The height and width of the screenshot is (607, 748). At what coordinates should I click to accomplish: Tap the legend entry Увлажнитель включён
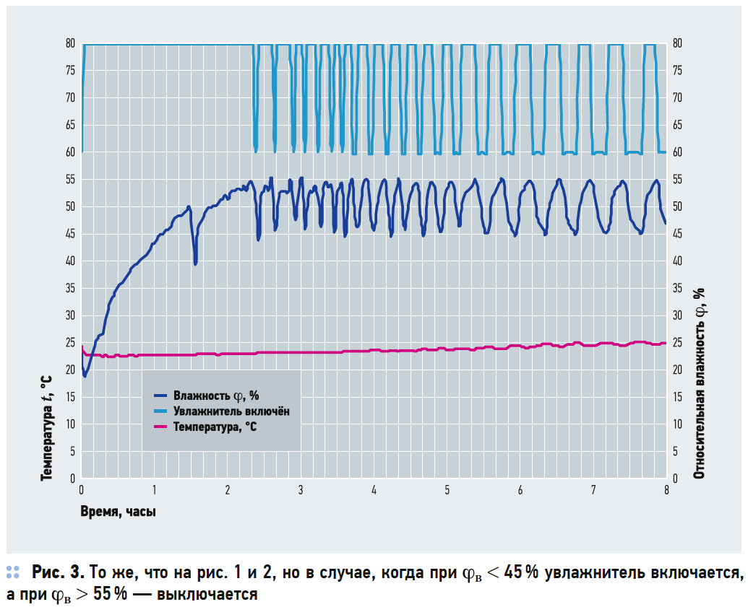[x=231, y=411]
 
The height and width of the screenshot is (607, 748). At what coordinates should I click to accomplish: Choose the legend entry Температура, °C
[x=214, y=427]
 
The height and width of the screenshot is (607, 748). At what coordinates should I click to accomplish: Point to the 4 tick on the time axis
[x=374, y=490]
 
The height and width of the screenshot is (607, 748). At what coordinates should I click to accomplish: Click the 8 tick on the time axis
[x=666, y=490]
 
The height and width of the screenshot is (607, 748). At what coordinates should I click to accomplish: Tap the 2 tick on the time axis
[x=228, y=490]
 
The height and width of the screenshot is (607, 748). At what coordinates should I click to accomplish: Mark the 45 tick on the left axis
[x=70, y=234]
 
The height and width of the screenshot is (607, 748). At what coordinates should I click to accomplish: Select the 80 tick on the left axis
[x=70, y=43]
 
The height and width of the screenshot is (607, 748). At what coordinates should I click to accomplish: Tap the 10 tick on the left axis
[x=70, y=424]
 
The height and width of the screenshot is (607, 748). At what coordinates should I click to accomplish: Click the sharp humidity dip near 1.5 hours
[x=195, y=262]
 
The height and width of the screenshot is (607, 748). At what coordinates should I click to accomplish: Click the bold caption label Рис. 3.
[x=58, y=574]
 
